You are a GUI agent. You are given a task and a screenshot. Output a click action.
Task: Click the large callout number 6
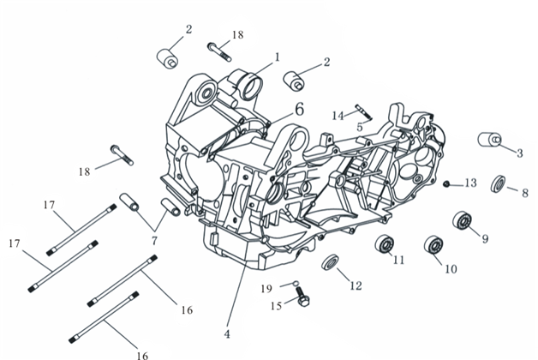click(299, 109)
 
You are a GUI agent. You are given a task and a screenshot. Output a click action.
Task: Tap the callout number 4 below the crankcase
click(228, 334)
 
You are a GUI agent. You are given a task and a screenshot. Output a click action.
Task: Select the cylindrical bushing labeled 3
click(489, 141)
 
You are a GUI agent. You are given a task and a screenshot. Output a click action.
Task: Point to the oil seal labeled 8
click(498, 183)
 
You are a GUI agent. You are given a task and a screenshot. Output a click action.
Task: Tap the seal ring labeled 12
click(330, 263)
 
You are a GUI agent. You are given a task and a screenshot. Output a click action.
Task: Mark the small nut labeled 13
click(446, 183)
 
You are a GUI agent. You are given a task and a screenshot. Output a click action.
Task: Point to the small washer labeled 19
click(294, 284)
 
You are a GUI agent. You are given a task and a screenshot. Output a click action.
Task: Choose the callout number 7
click(154, 239)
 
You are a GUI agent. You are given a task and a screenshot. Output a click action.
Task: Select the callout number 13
click(470, 183)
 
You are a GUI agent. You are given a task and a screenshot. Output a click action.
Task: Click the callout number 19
click(266, 288)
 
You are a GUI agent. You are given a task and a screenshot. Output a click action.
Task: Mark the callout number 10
click(450, 269)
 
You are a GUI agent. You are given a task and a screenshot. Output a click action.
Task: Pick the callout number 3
click(519, 153)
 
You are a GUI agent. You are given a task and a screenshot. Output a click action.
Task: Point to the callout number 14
click(338, 115)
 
